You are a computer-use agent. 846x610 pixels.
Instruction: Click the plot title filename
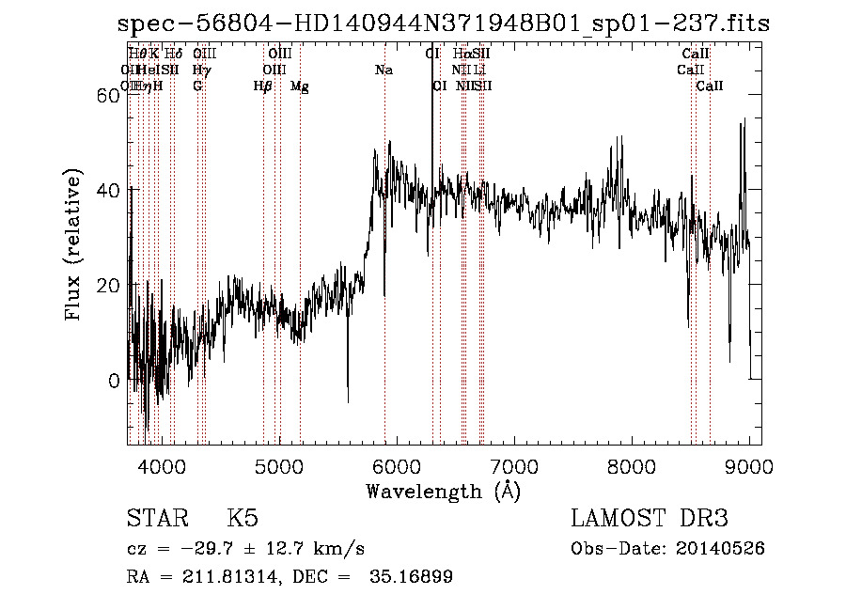444,24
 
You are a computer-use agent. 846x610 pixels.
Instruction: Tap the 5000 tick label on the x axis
278,465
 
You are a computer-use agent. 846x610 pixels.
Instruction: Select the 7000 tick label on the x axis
514,465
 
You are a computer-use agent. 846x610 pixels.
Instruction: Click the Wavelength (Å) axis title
443,491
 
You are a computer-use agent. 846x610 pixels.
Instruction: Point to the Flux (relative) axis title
73,239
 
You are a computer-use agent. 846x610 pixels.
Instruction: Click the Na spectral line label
384,70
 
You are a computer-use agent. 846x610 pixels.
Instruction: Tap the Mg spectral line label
299,86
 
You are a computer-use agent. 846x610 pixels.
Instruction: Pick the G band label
197,86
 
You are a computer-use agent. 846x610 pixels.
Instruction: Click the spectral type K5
243,520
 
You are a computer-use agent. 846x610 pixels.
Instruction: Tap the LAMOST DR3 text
650,520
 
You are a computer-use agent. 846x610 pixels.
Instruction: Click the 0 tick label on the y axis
114,381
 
